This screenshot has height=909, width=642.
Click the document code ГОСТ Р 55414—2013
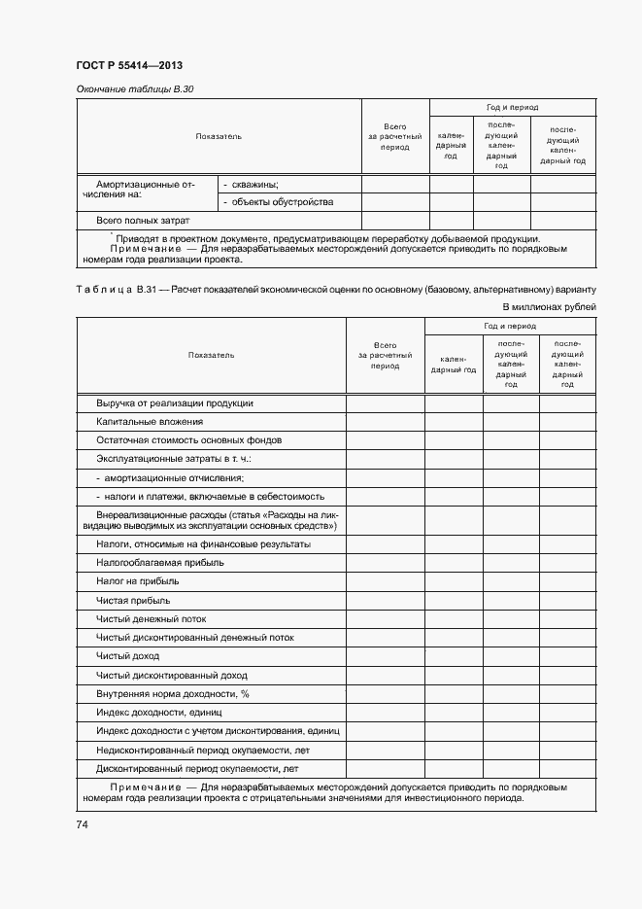[x=129, y=65]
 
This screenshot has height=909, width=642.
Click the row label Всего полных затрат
[x=143, y=220]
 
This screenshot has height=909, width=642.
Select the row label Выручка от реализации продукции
[x=175, y=402]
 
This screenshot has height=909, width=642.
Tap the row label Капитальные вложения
[x=150, y=421]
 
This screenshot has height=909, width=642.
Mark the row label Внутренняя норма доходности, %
[x=173, y=694]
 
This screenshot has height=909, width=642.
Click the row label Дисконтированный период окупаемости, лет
[x=197, y=768]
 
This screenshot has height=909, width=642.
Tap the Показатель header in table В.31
[x=211, y=355]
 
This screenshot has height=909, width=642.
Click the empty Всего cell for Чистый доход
[x=385, y=656]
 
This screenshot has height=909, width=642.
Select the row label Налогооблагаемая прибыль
[x=159, y=562]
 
